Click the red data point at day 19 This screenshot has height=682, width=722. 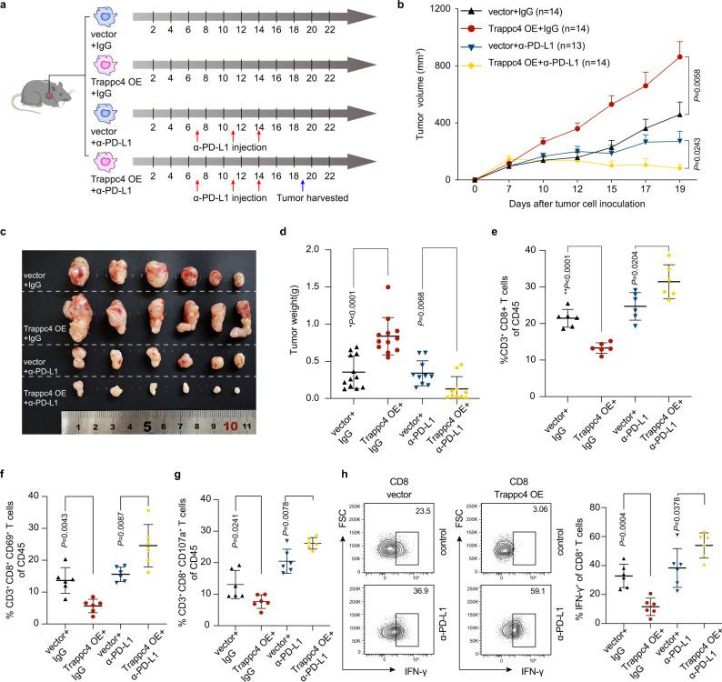(x=680, y=56)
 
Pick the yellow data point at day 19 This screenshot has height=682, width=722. (x=680, y=168)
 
